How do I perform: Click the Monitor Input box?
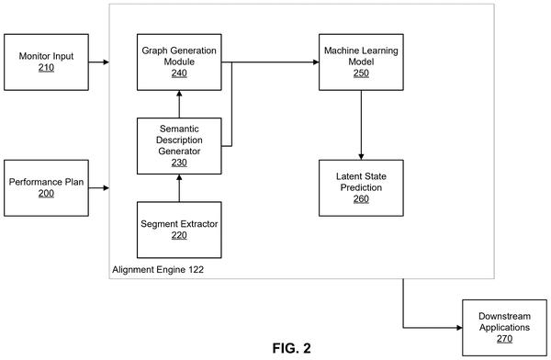[x=46, y=62]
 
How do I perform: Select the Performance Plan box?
[x=46, y=188]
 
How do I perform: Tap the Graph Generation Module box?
[x=179, y=62]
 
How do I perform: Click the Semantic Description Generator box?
[x=179, y=146]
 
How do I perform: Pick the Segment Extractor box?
[x=179, y=230]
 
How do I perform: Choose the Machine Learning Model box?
[x=361, y=62]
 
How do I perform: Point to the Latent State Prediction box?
[x=361, y=188]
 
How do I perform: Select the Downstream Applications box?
[x=504, y=328]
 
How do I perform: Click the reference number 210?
[x=46, y=68]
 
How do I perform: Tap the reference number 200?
[x=46, y=194]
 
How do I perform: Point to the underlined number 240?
[x=179, y=73]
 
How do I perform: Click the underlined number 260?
[x=361, y=199]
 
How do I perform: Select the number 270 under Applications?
[x=504, y=339]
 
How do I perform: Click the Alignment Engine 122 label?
[x=158, y=270]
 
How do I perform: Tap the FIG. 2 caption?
[x=291, y=348]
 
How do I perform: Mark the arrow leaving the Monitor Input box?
[x=99, y=62]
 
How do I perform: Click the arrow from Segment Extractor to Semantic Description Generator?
[x=179, y=188]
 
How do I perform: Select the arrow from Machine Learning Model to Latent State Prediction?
[x=361, y=125]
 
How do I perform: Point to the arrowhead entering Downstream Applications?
[x=459, y=328]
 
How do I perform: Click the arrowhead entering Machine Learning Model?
[x=316, y=62]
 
